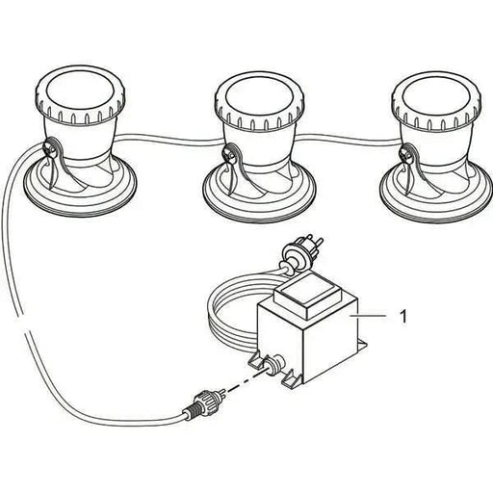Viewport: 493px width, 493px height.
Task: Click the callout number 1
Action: click(x=403, y=316)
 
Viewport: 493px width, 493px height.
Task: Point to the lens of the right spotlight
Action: click(x=437, y=99)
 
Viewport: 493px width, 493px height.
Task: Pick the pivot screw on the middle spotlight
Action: click(x=228, y=154)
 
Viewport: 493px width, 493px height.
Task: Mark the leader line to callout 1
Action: click(x=368, y=316)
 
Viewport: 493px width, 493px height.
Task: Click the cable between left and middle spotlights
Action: click(x=169, y=139)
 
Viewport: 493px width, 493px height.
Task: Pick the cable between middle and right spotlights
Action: click(x=348, y=139)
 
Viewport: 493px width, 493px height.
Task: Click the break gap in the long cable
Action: click(x=24, y=324)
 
